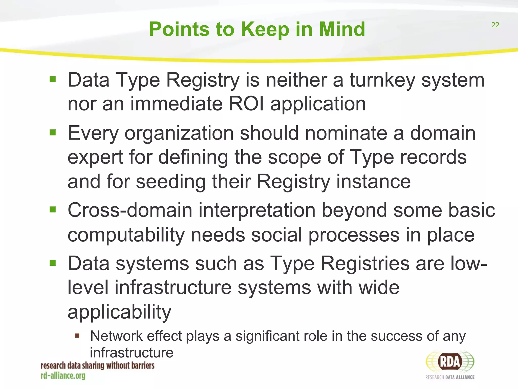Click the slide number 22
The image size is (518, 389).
[495, 25]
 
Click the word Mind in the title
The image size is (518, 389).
[342, 29]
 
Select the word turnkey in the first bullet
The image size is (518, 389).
[382, 80]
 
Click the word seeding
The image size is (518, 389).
[171, 182]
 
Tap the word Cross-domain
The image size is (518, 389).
[130, 210]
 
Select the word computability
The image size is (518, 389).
[126, 235]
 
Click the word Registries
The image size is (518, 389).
[365, 263]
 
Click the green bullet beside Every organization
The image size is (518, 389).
[53, 132]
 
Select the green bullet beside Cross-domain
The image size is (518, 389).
[53, 210]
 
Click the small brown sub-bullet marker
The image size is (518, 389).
[77, 336]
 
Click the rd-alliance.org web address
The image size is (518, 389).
[63, 376]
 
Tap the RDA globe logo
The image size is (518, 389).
[450, 362]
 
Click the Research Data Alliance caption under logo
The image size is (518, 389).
[450, 377]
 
